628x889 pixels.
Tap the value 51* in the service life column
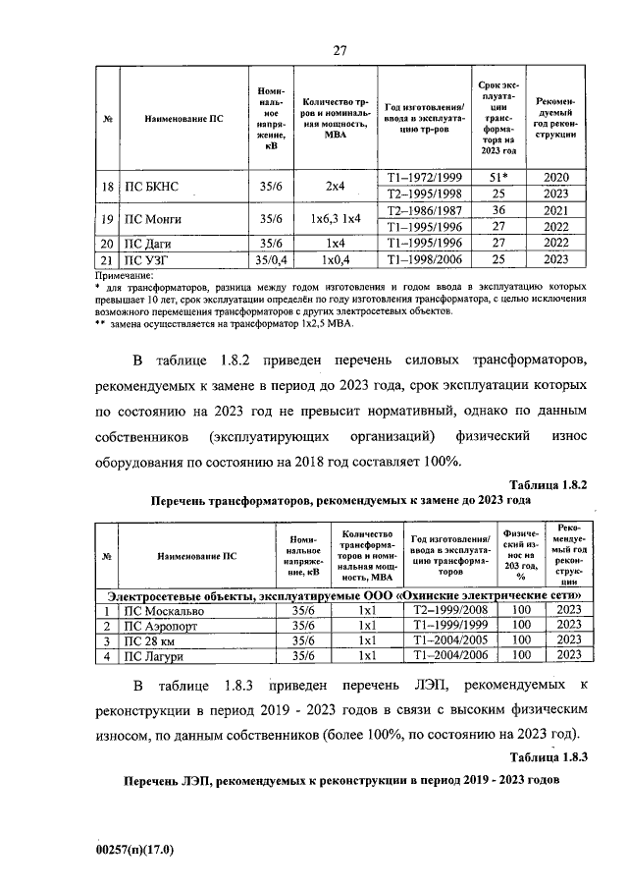498,177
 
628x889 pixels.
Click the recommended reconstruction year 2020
555,177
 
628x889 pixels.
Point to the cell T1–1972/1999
423,177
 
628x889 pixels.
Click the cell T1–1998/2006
423,259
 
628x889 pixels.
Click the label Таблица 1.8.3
549,756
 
